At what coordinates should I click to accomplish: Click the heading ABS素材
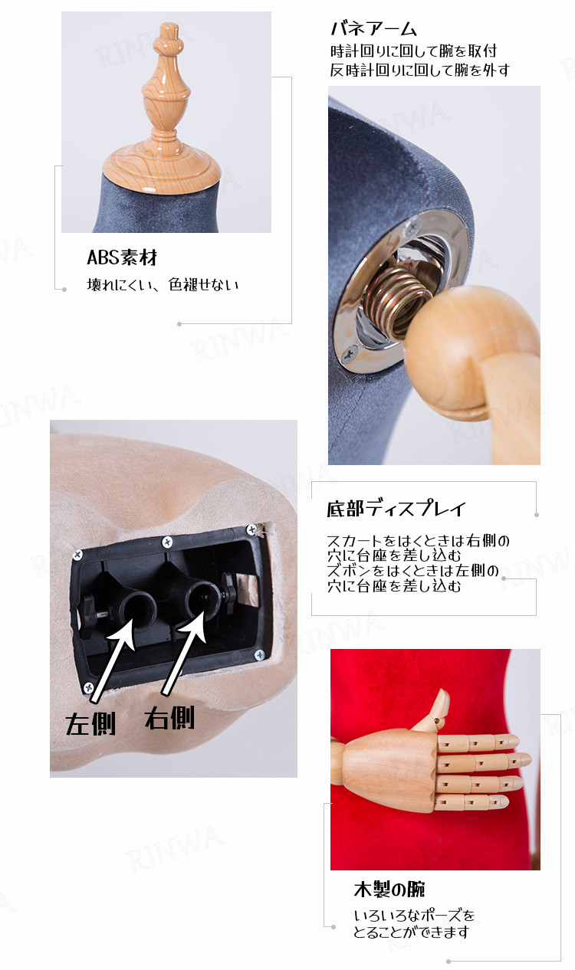(x=122, y=257)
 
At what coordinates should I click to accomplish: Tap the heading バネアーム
(x=373, y=29)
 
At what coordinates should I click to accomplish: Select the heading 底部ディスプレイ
(x=396, y=509)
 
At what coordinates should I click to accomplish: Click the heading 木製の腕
(x=389, y=890)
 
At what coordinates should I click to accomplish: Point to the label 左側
(x=90, y=724)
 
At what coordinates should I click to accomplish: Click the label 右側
(x=169, y=718)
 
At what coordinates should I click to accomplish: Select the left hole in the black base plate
(x=138, y=606)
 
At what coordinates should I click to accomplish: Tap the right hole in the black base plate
(x=203, y=598)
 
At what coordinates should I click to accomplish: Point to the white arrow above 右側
(x=185, y=653)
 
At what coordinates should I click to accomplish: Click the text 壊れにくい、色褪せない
(x=163, y=284)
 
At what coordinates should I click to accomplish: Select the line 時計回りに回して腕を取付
(x=413, y=51)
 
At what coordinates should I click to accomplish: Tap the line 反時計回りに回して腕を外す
(x=419, y=70)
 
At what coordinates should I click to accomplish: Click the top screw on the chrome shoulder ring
(x=412, y=225)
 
